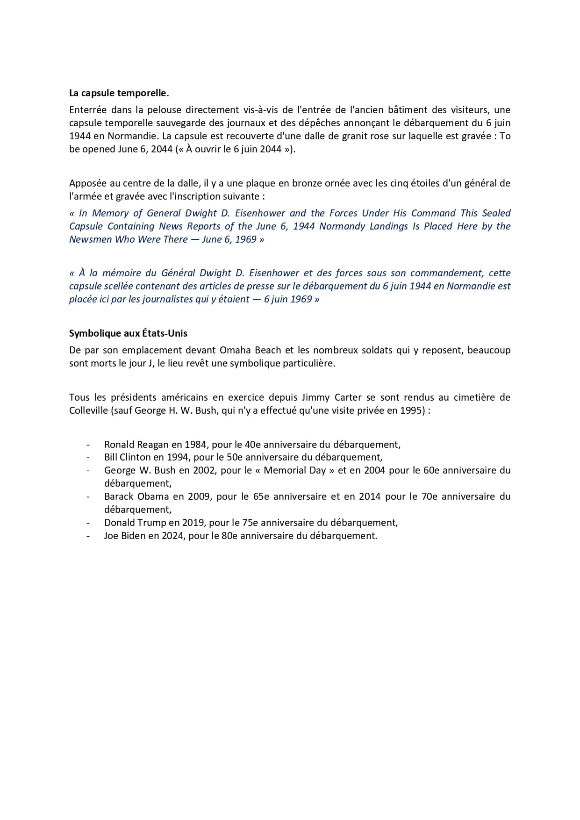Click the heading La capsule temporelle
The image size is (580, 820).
point(119,93)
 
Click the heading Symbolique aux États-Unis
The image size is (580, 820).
point(128,333)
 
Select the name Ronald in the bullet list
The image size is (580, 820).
point(119,445)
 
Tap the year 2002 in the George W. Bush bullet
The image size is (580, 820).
point(204,470)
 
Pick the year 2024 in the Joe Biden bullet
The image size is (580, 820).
point(173,536)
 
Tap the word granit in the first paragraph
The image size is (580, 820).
point(348,136)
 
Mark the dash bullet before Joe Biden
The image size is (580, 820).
point(88,536)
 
